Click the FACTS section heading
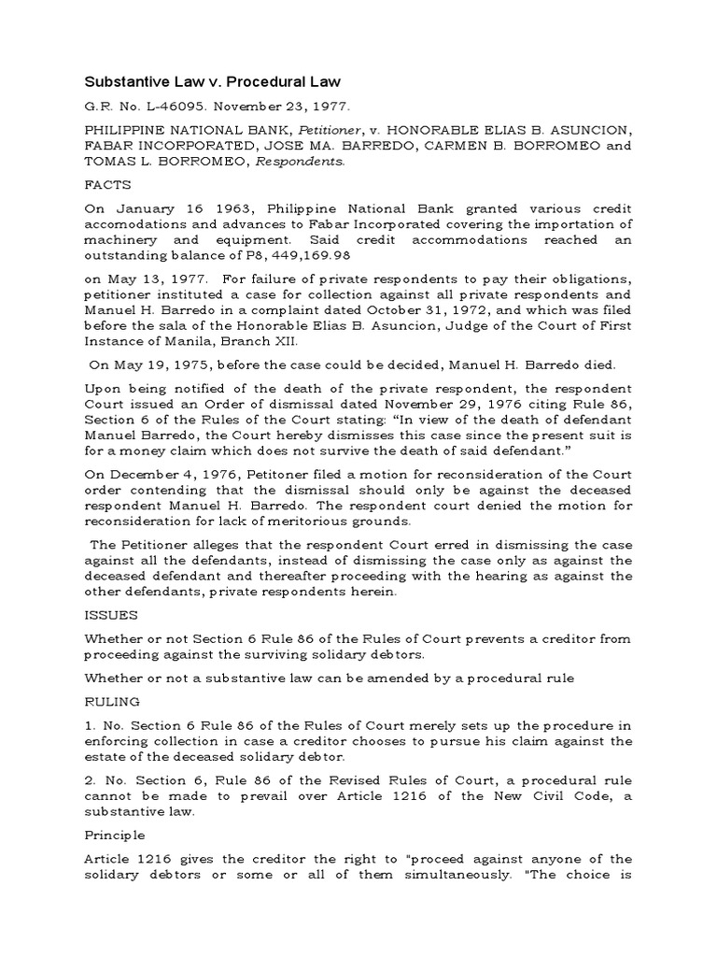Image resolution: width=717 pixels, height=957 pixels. pos(108,185)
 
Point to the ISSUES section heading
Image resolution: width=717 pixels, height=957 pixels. pos(111,615)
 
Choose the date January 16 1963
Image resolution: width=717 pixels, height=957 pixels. pos(162,211)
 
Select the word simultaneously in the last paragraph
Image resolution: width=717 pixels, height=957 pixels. pos(425,874)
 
